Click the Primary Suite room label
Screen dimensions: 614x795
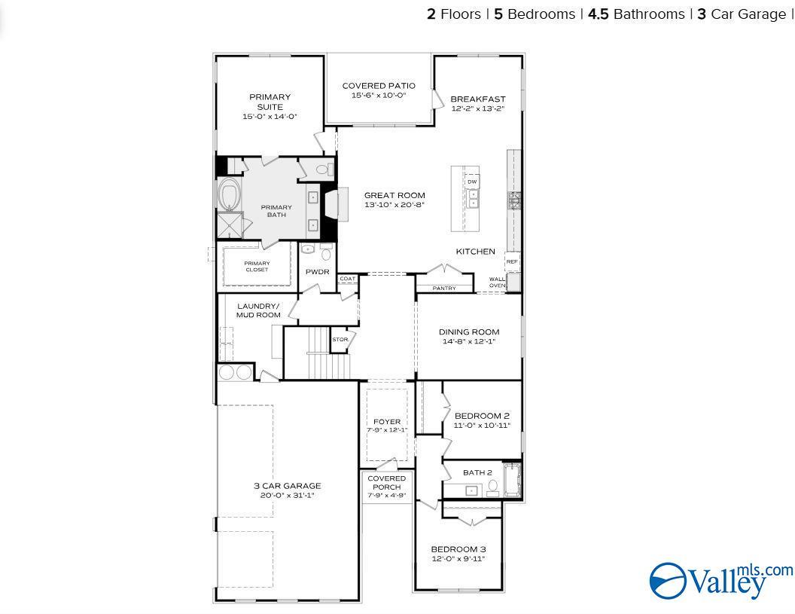pos(270,102)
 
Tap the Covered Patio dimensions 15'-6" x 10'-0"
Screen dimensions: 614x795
pos(378,96)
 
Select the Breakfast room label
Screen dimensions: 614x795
pos(477,99)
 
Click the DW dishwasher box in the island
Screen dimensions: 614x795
pos(472,182)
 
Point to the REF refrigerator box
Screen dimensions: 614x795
pos(512,262)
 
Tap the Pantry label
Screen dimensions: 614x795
pos(444,289)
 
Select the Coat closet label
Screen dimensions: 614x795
pos(347,279)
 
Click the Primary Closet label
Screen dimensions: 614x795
pos(257,267)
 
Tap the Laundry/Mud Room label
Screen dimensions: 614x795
pos(258,310)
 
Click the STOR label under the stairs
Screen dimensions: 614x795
pos(340,340)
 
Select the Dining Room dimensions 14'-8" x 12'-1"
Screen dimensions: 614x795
pos(468,342)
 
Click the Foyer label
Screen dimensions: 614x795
pos(387,422)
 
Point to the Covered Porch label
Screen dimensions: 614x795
pos(386,483)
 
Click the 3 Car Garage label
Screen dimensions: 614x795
pos(287,486)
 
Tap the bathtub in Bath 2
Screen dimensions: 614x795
pos(513,480)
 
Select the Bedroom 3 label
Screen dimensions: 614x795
pos(458,549)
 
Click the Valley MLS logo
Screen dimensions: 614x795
pos(720,580)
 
